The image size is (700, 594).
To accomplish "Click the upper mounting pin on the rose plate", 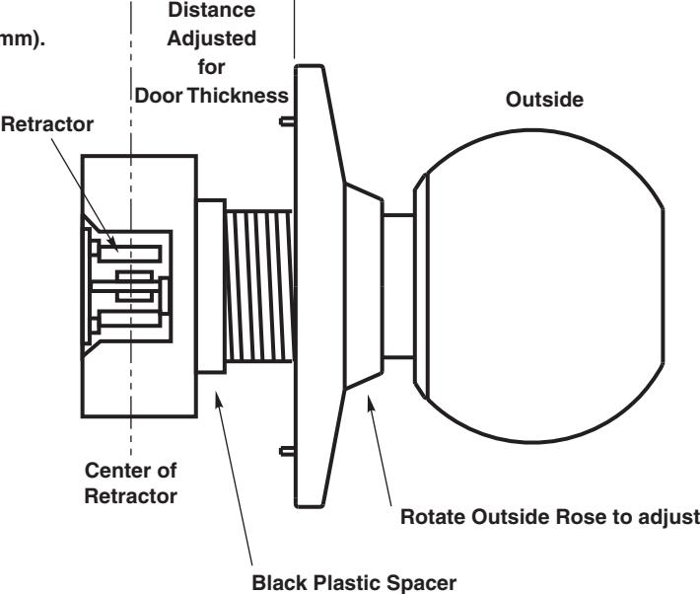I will click(287, 121).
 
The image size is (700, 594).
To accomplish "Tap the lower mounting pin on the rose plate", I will click(287, 452).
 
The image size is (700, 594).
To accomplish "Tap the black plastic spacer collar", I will click(211, 286).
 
